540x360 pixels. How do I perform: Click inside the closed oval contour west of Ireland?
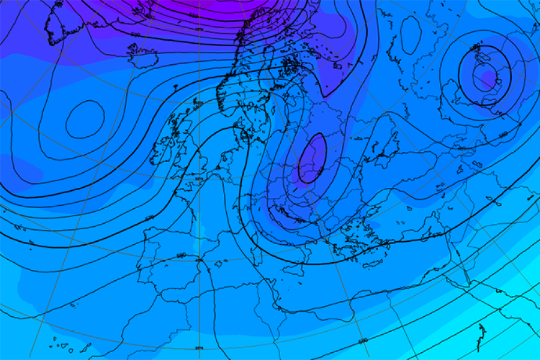(85, 119)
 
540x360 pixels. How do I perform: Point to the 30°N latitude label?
(199, 347)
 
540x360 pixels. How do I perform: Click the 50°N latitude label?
(199, 179)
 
